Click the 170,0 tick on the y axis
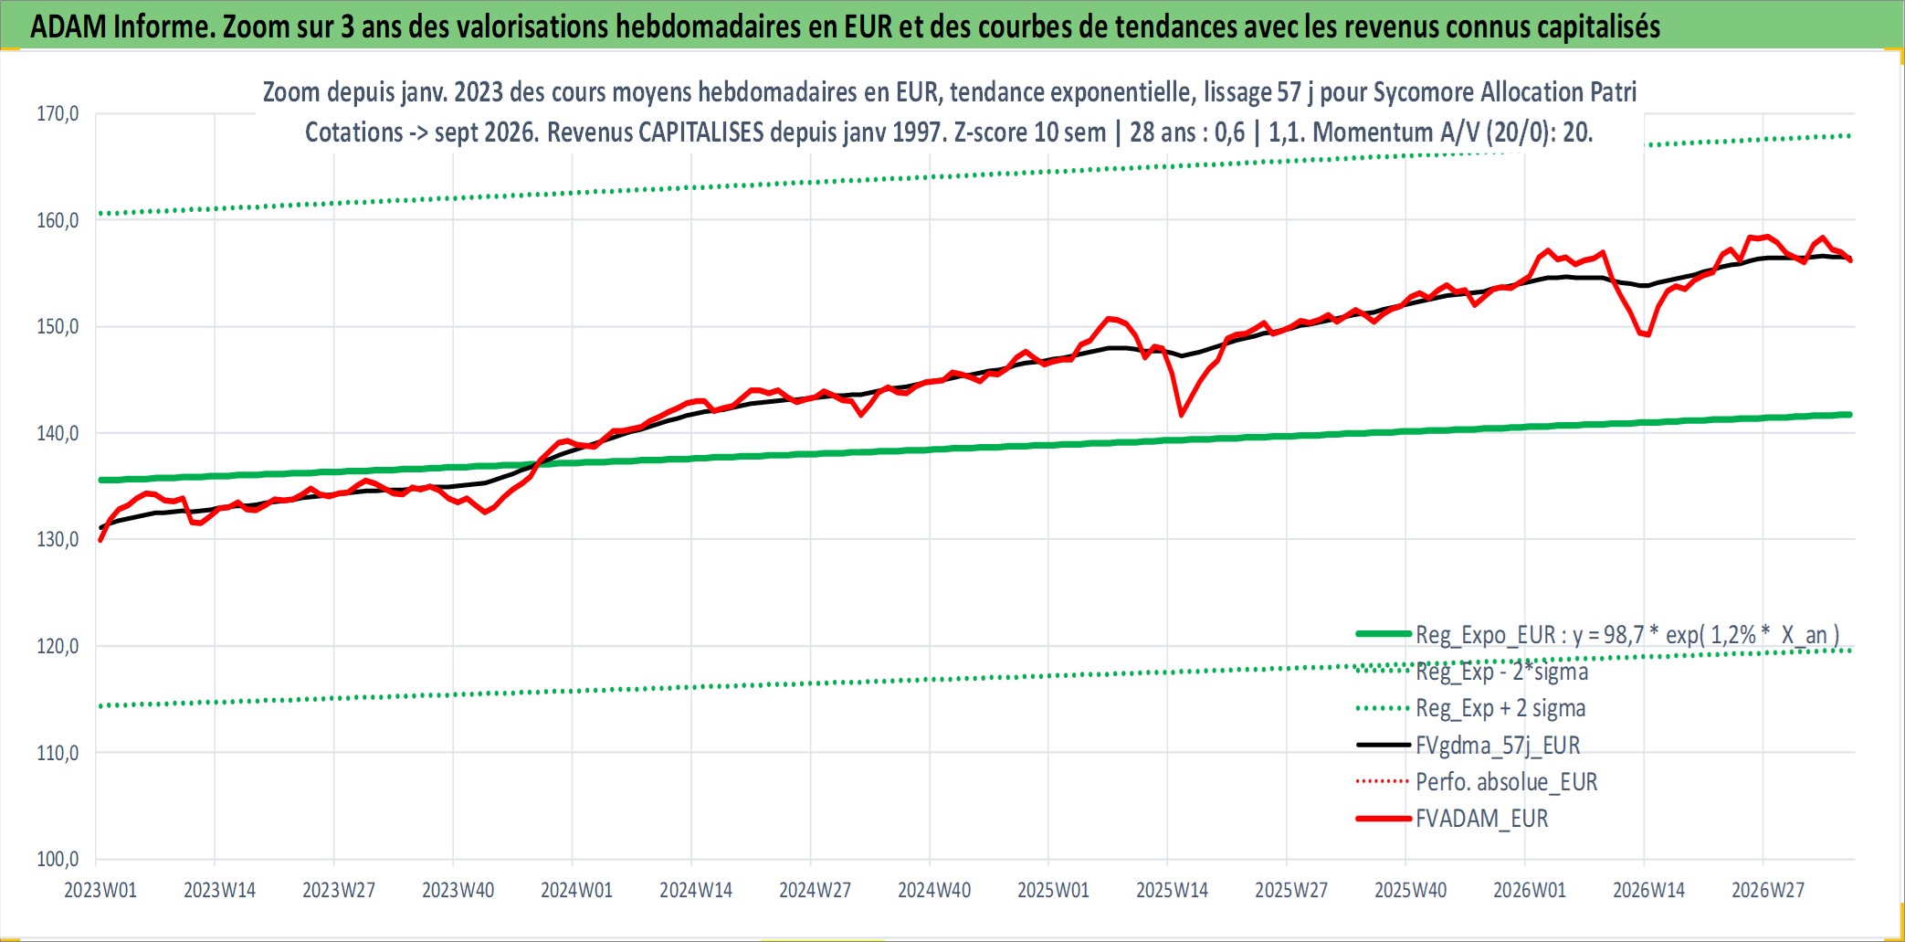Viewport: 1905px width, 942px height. coord(58,113)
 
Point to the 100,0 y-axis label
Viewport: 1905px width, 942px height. coord(58,859)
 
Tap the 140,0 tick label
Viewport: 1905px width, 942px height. coord(58,433)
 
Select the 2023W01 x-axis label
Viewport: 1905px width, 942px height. coord(100,890)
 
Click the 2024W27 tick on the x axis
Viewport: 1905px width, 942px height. coord(815,890)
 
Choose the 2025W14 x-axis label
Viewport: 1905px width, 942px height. coord(1172,890)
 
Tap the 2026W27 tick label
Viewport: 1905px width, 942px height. coord(1768,890)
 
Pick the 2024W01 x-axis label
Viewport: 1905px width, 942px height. coord(576,890)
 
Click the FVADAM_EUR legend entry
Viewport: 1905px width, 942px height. coord(1453,819)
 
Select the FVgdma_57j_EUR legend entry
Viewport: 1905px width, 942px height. coord(1468,746)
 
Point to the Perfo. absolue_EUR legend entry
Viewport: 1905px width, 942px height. coord(1477,782)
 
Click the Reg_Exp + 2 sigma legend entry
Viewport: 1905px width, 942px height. coord(1471,708)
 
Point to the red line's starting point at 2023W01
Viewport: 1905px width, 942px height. coord(100,540)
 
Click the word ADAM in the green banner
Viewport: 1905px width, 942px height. coord(68,26)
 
